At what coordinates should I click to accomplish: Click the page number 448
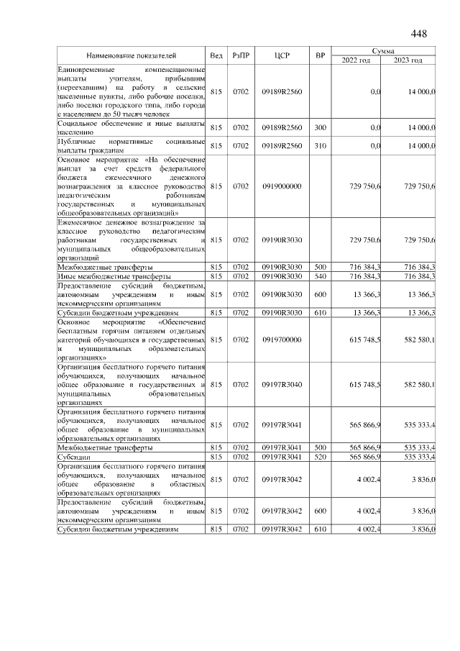[x=419, y=35]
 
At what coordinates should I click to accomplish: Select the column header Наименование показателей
[x=132, y=55]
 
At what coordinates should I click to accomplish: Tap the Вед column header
[x=216, y=55]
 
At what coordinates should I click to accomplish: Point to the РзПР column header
[x=240, y=55]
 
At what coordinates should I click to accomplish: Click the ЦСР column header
[x=282, y=55]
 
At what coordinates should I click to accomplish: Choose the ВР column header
[x=320, y=55]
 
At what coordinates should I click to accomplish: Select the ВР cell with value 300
[x=320, y=127]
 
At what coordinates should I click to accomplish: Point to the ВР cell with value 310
[x=320, y=146]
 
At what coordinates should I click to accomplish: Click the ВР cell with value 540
[x=320, y=276]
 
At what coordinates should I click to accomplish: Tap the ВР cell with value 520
[x=320, y=457]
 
